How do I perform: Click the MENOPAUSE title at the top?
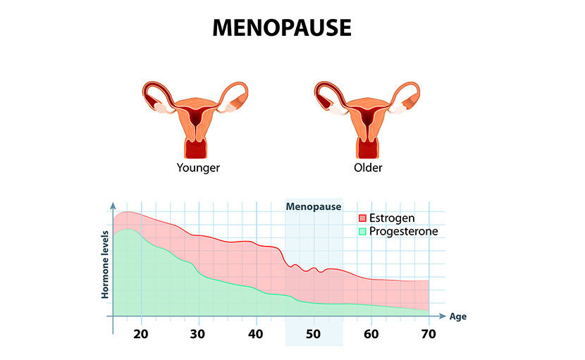pyautogui.click(x=282, y=27)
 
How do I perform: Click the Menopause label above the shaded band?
pyautogui.click(x=314, y=206)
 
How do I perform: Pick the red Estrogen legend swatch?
pyautogui.click(x=363, y=218)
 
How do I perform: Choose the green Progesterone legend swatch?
pyautogui.click(x=363, y=231)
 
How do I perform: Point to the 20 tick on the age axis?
pyautogui.click(x=141, y=333)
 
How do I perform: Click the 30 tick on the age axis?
pyautogui.click(x=199, y=333)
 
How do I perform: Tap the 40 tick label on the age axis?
pyautogui.click(x=257, y=333)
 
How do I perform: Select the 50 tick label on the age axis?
pyautogui.click(x=314, y=333)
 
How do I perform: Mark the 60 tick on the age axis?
pyautogui.click(x=371, y=333)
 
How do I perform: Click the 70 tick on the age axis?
pyautogui.click(x=429, y=333)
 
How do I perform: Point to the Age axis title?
pyautogui.click(x=458, y=317)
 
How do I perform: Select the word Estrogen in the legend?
pyautogui.click(x=392, y=218)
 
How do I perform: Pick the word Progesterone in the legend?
pyautogui.click(x=403, y=231)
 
